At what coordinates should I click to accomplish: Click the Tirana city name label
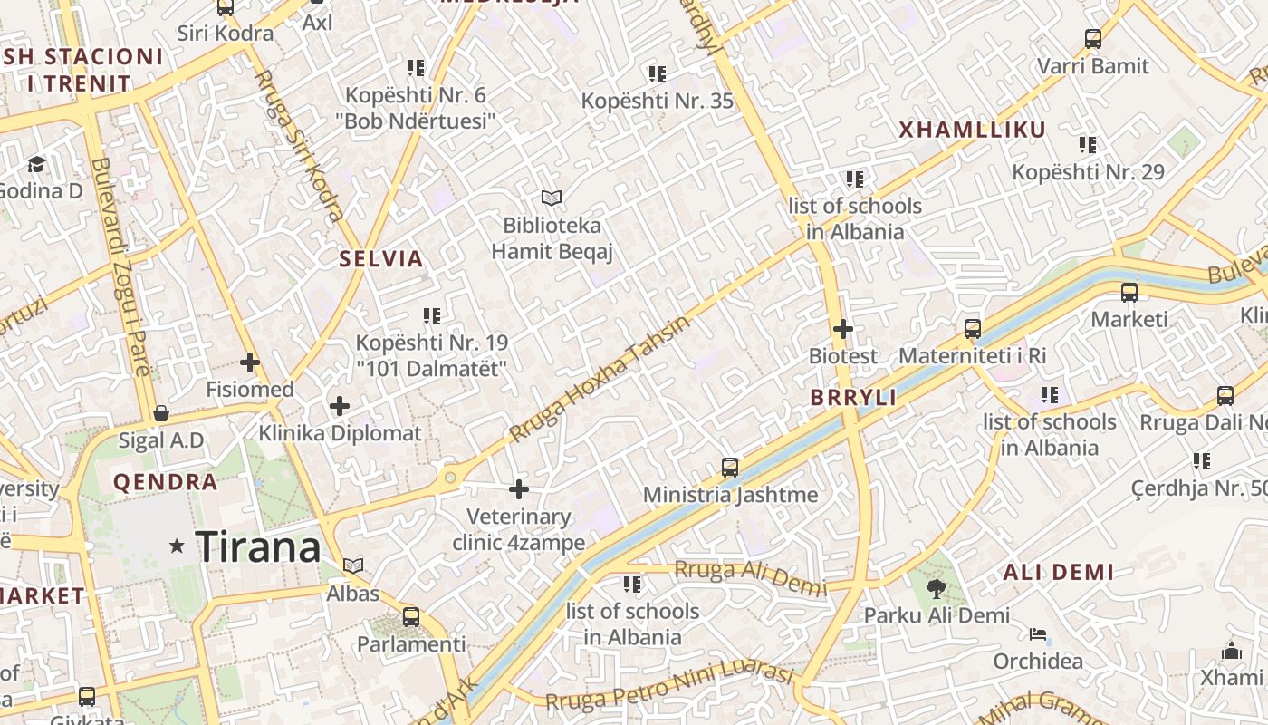[x=258, y=546]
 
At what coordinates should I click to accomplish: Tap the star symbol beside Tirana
[x=177, y=546]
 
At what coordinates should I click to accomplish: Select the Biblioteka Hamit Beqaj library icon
[x=551, y=198]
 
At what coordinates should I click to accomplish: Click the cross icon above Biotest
[x=843, y=329]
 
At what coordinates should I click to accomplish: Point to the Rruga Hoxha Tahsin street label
[x=599, y=379]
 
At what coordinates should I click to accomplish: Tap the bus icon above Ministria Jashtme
[x=730, y=468]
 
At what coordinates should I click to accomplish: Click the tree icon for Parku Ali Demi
[x=936, y=589]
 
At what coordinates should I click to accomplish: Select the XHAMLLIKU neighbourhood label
[x=972, y=130]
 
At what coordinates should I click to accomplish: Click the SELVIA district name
[x=381, y=259]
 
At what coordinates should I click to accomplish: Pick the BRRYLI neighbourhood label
[x=853, y=398]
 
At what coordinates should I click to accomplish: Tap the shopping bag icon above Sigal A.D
[x=161, y=414]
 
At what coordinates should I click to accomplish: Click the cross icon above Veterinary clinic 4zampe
[x=519, y=490]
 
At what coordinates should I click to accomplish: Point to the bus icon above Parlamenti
[x=411, y=617]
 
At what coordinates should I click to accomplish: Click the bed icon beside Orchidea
[x=1038, y=634]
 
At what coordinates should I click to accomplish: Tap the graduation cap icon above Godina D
[x=36, y=164]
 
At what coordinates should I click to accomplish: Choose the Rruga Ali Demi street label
[x=751, y=578]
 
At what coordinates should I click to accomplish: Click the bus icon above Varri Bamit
[x=1093, y=39]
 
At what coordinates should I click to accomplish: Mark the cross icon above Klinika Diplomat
[x=340, y=406]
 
